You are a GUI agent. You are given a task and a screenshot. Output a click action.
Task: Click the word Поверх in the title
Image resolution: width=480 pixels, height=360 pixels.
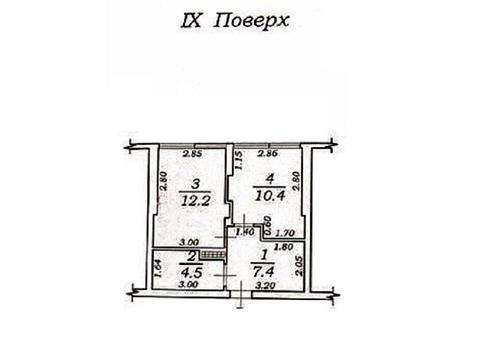pyautogui.click(x=257, y=20)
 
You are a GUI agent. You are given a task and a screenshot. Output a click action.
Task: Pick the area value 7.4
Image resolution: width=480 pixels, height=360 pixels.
pyautogui.click(x=266, y=272)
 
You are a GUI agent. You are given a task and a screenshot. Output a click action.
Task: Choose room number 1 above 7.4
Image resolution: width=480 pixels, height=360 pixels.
pyautogui.click(x=265, y=258)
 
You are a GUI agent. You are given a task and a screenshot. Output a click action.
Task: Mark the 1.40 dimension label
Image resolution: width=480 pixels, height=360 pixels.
pyautogui.click(x=242, y=233)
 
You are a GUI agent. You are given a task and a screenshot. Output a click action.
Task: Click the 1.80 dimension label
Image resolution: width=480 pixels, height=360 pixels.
pyautogui.click(x=282, y=246)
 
